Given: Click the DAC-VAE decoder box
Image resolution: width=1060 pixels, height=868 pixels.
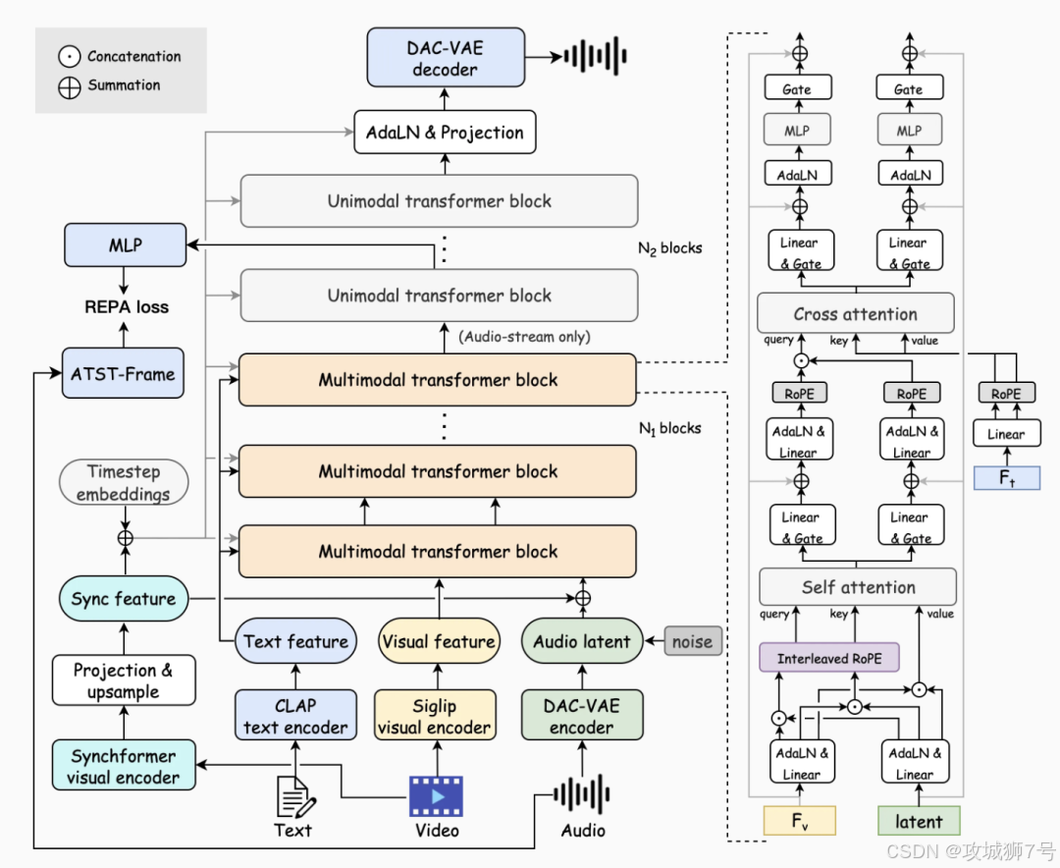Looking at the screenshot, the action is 446,58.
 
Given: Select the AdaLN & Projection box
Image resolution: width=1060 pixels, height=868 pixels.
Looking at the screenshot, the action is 445,132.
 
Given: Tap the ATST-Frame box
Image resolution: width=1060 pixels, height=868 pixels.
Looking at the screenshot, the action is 123,373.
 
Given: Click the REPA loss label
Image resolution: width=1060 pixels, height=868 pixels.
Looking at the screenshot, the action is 127,307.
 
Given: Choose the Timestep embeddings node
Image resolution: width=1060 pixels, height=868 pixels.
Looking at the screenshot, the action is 124,482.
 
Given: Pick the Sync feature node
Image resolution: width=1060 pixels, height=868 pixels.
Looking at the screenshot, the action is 124,599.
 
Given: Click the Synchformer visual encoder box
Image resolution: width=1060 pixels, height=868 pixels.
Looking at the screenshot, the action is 124,765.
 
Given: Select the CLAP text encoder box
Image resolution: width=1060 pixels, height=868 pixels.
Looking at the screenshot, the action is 295,715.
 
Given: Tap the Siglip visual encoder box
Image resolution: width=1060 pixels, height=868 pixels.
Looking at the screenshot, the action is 435,715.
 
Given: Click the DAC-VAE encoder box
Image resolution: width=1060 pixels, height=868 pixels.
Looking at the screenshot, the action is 582,715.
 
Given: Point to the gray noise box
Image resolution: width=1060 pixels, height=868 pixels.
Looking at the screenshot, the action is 693,640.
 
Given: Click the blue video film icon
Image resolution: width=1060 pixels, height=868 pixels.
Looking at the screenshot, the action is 436,797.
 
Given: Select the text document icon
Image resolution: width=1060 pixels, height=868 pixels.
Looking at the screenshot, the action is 295,796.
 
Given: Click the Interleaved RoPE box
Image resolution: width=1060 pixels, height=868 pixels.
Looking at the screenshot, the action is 829,658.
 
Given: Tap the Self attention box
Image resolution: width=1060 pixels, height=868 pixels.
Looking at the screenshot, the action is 858,586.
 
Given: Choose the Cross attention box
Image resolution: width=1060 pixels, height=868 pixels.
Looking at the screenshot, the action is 856,313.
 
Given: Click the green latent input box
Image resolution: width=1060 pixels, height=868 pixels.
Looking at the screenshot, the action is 919,821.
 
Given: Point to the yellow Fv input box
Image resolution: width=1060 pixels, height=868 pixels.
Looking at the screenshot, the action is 800,821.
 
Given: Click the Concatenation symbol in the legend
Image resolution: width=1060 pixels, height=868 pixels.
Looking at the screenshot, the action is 69,56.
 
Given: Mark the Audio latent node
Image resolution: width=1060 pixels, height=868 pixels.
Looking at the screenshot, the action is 582,640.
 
